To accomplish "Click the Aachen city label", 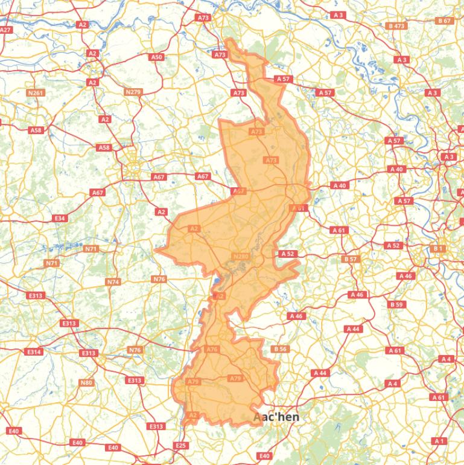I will pyautogui.click(x=276, y=417).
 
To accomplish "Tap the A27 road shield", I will pyautogui.click(x=5, y=30).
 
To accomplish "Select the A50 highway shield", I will pyautogui.click(x=156, y=57).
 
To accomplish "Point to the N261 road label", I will pyautogui.click(x=36, y=93).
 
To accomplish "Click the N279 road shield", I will pyautogui.click(x=133, y=92).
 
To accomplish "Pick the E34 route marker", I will pyautogui.click(x=59, y=218).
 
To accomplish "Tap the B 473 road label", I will pyautogui.click(x=396, y=26).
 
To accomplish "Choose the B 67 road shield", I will pyautogui.click(x=444, y=21).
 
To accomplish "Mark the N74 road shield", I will pyautogui.click(x=113, y=282).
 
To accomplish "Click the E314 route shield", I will pyautogui.click(x=34, y=351).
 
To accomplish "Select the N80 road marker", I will pyautogui.click(x=87, y=382).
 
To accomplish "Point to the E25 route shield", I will pyautogui.click(x=180, y=445).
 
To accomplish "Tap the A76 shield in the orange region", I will pyautogui.click(x=212, y=349).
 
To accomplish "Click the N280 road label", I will pyautogui.click(x=240, y=257).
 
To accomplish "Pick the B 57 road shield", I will pyautogui.click(x=351, y=259).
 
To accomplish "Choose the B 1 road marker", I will pyautogui.click(x=438, y=248).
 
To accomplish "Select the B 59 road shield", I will pyautogui.click(x=396, y=305).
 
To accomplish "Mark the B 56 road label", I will pyautogui.click(x=279, y=349).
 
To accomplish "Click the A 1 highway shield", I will pyautogui.click(x=439, y=441).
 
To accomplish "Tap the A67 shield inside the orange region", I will pyautogui.click(x=239, y=191).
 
